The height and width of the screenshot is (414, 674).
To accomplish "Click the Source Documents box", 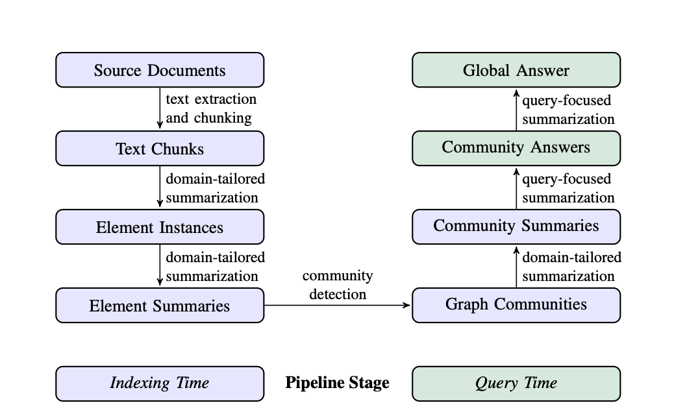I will point(160,70).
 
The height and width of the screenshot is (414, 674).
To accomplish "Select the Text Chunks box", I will point(160,149).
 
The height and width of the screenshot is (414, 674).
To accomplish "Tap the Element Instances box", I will point(160,227).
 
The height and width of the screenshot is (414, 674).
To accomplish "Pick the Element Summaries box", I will point(160,306).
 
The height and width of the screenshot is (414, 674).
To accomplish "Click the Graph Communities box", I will point(516,305).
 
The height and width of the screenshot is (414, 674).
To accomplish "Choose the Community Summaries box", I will point(516,226).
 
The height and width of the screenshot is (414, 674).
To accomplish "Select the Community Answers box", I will point(516,148).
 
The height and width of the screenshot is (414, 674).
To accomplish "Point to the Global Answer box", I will point(516,70).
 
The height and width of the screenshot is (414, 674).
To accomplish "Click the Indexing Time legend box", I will point(160,384).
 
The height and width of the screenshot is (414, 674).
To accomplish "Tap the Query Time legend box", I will point(516,384).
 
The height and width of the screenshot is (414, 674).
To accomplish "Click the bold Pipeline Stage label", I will point(338,383).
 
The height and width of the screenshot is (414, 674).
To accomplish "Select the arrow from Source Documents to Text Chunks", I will point(160,108).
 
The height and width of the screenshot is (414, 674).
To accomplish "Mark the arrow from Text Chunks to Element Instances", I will point(160,187).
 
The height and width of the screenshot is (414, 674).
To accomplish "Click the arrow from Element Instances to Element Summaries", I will point(160,265).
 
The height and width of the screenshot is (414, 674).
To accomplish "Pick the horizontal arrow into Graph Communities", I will point(338,305).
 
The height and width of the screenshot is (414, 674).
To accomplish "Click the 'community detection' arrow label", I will point(338,285).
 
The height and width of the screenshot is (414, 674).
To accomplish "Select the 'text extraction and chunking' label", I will point(211,108).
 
